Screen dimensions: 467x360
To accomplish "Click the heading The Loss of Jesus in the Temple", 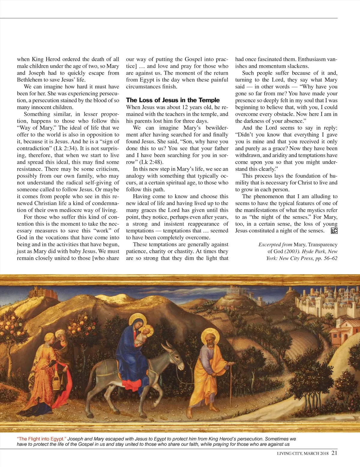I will coord(173,100).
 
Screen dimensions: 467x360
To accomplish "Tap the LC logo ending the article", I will coord(334,231).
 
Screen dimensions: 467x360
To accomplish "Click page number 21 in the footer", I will coord(334,453).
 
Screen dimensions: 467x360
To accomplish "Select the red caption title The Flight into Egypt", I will coord(41,439).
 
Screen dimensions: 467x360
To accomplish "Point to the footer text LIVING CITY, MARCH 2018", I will coord(303,454).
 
